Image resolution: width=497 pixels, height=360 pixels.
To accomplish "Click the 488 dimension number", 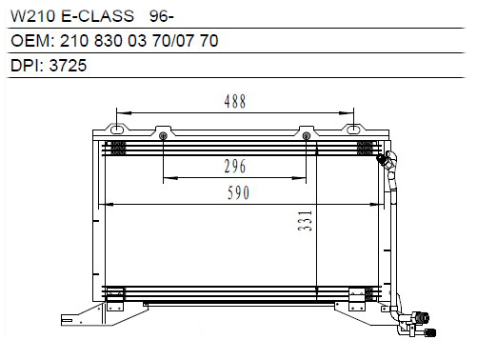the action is point(235,101).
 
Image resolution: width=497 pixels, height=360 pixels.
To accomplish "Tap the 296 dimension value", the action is point(235,166).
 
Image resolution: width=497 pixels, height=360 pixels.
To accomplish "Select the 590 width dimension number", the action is point(238,192).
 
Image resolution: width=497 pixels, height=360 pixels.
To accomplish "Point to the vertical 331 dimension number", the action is point(305,220).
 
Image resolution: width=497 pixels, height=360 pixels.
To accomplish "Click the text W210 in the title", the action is point(32,16).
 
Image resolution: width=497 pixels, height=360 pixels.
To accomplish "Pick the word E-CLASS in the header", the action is point(97,16).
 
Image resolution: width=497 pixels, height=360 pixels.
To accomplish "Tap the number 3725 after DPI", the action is point(68,66).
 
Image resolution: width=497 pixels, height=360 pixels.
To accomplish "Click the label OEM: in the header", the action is point(32,41).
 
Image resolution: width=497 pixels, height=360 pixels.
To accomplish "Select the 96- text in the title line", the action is point(162,16).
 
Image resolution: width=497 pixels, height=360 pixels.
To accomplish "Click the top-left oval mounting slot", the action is point(117,130).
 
